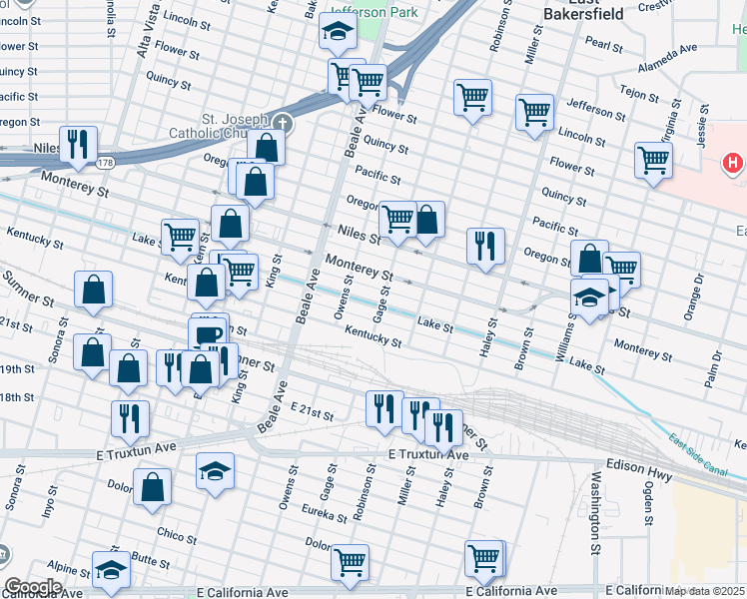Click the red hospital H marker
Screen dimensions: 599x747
733,162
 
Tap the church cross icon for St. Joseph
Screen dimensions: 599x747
283,124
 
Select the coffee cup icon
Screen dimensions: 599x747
208,334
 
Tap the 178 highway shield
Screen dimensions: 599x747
105,162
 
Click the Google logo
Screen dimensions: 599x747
32,586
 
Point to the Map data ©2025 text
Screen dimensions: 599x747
704,591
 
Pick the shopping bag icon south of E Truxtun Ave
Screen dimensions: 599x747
153,487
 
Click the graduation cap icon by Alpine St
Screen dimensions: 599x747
111,569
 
